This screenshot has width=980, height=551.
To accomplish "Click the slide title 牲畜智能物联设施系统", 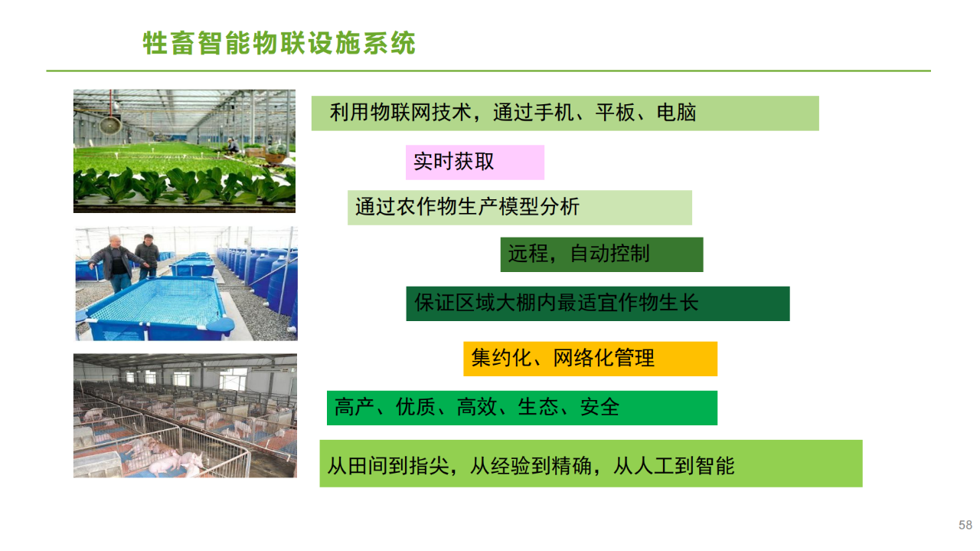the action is [x=279, y=43].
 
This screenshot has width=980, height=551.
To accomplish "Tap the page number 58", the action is [x=965, y=525].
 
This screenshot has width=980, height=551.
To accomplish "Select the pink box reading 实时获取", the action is [x=475, y=162].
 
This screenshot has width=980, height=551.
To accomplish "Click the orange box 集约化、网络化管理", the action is [x=590, y=359].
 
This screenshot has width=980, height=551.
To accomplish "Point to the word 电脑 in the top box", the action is [x=676, y=113].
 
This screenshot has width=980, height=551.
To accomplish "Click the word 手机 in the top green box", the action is [x=554, y=113].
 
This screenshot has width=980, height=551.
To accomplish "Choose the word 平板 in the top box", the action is [x=615, y=113].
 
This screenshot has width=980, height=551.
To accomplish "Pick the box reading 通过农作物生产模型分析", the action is [x=520, y=208].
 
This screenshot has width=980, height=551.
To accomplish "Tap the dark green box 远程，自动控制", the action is [x=602, y=254].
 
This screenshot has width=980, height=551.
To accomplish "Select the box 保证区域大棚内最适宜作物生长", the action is [x=598, y=303].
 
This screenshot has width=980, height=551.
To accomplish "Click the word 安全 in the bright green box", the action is [x=599, y=408].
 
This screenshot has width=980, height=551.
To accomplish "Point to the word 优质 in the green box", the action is [x=415, y=408].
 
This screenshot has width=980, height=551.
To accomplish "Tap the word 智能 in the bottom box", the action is [x=715, y=466].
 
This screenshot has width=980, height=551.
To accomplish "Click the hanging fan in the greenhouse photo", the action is [x=110, y=124].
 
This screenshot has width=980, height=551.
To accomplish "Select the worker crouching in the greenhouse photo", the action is [x=232, y=146].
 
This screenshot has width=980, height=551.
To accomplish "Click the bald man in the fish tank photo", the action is [x=116, y=263].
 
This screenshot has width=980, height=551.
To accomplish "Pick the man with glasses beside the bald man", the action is [x=148, y=256].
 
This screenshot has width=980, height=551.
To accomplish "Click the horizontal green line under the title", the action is [x=488, y=71].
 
